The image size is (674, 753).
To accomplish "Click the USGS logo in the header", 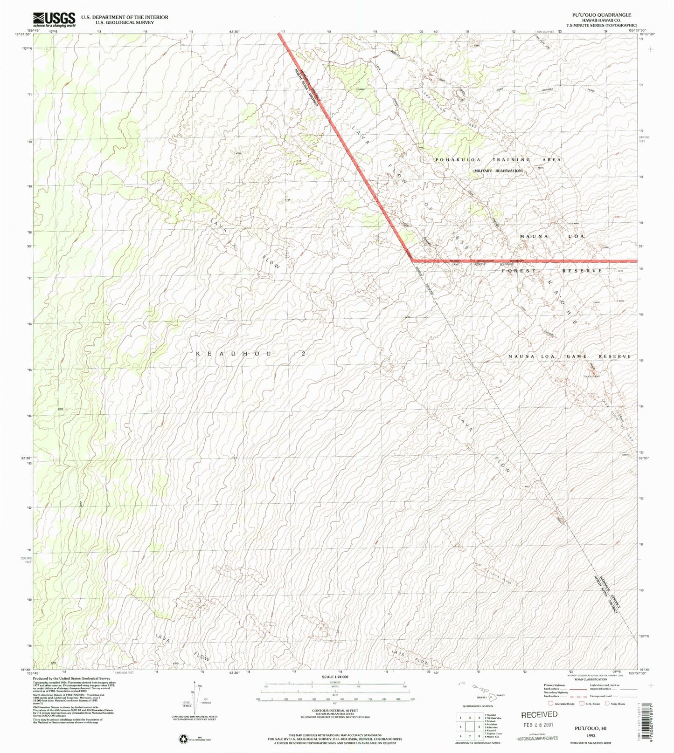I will (54, 19).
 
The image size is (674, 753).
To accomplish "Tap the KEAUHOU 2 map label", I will (250, 354).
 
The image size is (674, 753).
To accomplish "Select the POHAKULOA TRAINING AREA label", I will (498, 160).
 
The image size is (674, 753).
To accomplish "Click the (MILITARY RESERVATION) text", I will (498, 171).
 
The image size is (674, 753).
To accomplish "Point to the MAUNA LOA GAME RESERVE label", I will (569, 356).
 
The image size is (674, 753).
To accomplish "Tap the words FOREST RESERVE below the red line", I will (552, 271).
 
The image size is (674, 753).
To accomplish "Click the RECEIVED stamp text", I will (539, 714).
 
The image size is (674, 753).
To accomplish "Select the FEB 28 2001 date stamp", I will (539, 726).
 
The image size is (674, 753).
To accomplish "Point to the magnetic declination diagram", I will (195, 696).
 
